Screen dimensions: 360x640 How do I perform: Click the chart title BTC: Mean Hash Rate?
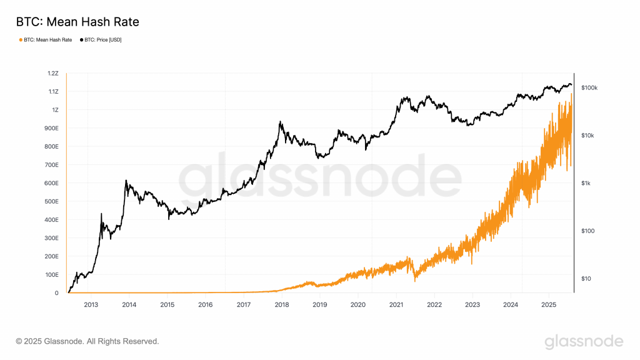77,22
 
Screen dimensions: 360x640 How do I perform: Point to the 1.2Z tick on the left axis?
52,74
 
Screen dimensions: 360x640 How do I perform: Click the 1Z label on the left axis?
55,110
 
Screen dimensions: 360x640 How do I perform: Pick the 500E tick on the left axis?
51,202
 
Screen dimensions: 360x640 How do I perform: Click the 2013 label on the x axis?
91,306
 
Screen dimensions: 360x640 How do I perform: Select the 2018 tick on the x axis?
282,306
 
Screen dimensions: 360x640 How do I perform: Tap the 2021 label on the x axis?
396,306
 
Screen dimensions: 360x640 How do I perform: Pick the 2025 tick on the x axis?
549,306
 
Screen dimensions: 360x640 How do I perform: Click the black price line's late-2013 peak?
126,181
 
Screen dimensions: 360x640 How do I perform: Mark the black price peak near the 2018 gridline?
280,122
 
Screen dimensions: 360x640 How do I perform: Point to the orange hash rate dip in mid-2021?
414,281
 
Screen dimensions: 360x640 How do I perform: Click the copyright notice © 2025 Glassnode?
87,341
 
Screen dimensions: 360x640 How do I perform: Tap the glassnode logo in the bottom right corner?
584,341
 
